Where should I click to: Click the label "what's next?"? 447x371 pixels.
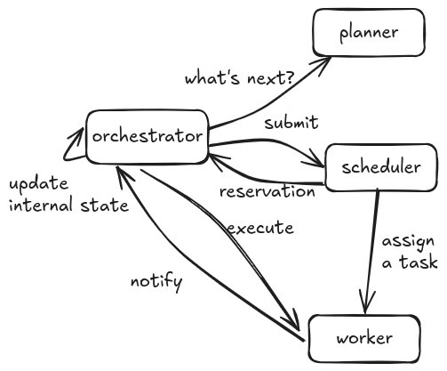click(x=240, y=78)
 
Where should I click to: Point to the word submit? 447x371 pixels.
click(x=291, y=123)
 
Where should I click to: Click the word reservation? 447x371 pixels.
click(x=267, y=191)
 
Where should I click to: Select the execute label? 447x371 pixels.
click(x=260, y=228)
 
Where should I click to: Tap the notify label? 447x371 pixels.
click(x=156, y=282)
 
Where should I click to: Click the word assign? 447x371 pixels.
click(x=408, y=242)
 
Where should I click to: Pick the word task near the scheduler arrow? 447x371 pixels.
click(x=418, y=262)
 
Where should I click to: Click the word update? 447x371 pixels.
click(x=39, y=184)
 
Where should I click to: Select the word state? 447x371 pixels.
click(x=105, y=206)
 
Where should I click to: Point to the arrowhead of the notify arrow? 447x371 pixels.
click(x=123, y=175)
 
